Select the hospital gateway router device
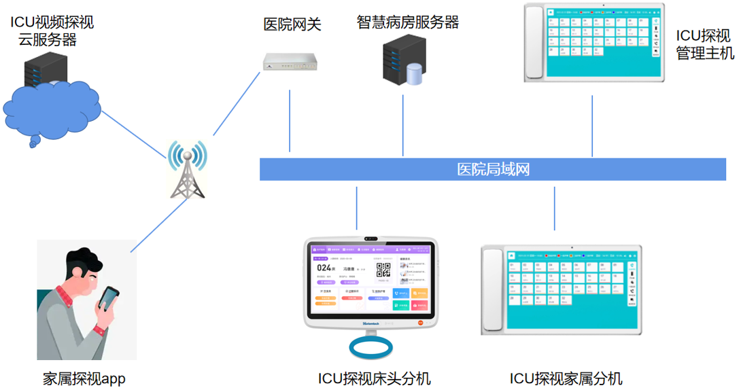pyautogui.click(x=290, y=62)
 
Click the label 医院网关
pyautogui.click(x=292, y=25)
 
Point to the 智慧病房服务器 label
pyautogui.click(x=407, y=22)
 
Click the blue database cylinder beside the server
pyautogui.click(x=414, y=74)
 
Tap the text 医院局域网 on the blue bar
pyautogui.click(x=493, y=169)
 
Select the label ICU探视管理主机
pyautogui.click(x=704, y=44)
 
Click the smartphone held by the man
pyautogui.click(x=108, y=298)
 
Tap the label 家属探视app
pyautogui.click(x=84, y=378)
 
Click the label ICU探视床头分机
pyautogui.click(x=374, y=378)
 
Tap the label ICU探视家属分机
pyautogui.click(x=566, y=378)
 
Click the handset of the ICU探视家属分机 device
pyautogui.click(x=492, y=289)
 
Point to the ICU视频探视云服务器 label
pyautogui.click(x=52, y=31)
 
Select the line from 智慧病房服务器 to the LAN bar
pyautogui.click(x=403, y=126)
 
